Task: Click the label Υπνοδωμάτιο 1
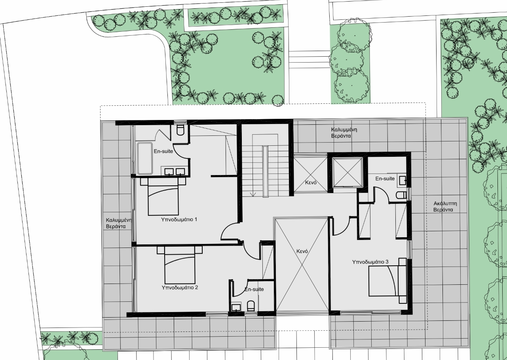(179, 219)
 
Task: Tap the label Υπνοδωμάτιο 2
(180, 288)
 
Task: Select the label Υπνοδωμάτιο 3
(370, 262)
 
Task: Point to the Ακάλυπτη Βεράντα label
(445, 206)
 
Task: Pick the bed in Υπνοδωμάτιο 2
(180, 265)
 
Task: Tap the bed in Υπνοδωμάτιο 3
(387, 281)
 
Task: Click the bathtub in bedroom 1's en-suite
(145, 158)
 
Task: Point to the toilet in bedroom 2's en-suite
(251, 306)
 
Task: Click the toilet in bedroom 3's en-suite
(402, 195)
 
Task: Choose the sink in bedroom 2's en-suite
(236, 307)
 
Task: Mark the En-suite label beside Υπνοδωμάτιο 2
(254, 290)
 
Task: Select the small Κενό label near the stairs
(311, 183)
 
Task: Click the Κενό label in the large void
(302, 251)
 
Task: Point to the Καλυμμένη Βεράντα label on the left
(119, 223)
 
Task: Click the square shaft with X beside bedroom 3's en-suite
(347, 173)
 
